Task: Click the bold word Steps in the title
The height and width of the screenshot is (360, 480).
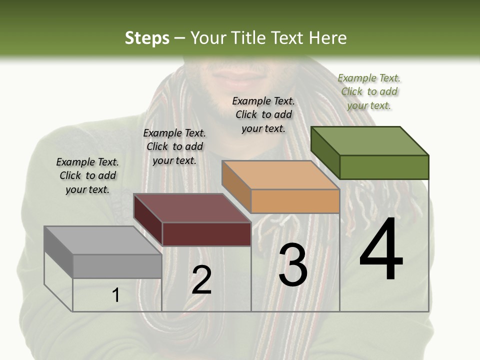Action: coord(147,38)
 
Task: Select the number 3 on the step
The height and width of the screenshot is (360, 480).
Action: coord(292,265)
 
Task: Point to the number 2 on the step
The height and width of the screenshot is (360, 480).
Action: coord(201,279)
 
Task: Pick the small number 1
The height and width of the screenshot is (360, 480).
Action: coord(116,295)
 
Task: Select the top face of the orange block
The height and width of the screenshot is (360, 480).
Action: coord(280,175)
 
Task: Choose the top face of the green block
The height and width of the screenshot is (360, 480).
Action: coord(369,140)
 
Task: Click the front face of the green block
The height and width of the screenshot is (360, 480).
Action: coord(384,167)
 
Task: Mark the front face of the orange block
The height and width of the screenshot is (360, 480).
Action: coord(295,201)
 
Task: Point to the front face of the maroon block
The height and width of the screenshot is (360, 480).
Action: coord(206,234)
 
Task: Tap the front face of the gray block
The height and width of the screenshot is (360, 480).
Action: coord(117,266)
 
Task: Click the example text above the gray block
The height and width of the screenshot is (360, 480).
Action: coord(87,175)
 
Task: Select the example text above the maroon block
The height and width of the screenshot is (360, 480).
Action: coord(174,146)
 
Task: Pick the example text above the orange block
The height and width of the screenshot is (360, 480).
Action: coord(263,114)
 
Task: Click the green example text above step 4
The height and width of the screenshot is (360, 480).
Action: coord(369,91)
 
